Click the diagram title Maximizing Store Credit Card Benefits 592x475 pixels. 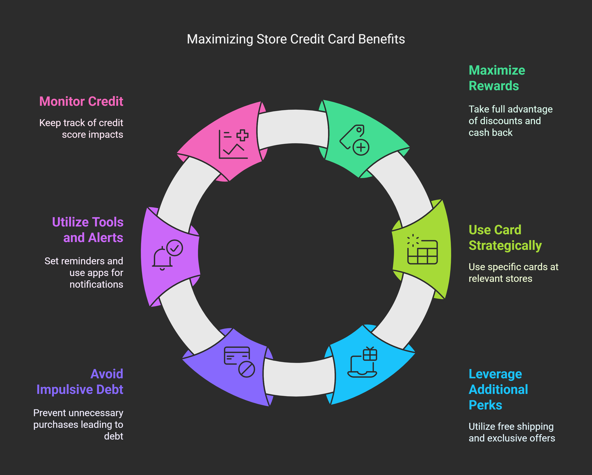click(296, 39)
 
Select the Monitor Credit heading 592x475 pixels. click(81, 101)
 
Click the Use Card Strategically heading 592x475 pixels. click(505, 237)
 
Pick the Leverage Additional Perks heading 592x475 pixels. click(498, 389)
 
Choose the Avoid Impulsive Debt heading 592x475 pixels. click(80, 382)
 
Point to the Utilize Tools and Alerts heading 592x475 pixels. click(88, 230)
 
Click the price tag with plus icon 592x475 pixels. click(354, 140)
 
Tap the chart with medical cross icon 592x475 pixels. click(233, 144)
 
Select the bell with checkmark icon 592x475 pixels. click(167, 255)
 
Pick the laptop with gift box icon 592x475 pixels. click(362, 363)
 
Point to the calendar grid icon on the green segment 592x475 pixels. click(422, 250)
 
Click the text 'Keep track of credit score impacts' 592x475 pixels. click(81, 128)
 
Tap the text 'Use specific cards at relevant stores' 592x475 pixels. click(513, 273)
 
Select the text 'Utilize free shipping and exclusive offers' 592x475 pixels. click(512, 432)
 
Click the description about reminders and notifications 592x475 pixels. click(84, 273)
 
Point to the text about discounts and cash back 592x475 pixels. click(510, 121)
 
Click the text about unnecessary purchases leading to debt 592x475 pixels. click(78, 424)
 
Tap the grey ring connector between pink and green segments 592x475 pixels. click(293, 127)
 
